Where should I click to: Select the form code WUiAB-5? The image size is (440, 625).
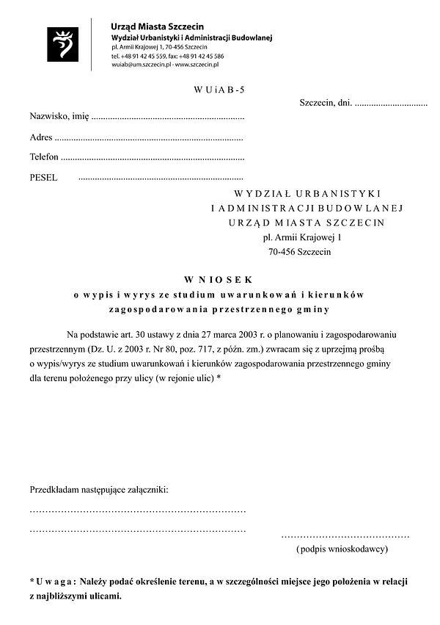pyautogui.click(x=220, y=90)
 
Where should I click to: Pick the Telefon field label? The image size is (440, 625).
pyautogui.click(x=43, y=157)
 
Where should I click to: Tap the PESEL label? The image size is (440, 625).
pyautogui.click(x=43, y=177)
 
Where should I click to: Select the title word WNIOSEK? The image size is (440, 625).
pyautogui.click(x=219, y=280)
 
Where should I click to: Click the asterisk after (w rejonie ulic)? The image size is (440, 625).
pyautogui.click(x=219, y=378)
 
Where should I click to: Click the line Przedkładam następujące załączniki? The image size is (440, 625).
pyautogui.click(x=99, y=489)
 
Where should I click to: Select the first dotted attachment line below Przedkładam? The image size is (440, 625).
pyautogui.click(x=137, y=510)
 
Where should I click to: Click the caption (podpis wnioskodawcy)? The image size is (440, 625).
pyautogui.click(x=342, y=549)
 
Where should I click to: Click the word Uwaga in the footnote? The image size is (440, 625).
pyautogui.click(x=57, y=582)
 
